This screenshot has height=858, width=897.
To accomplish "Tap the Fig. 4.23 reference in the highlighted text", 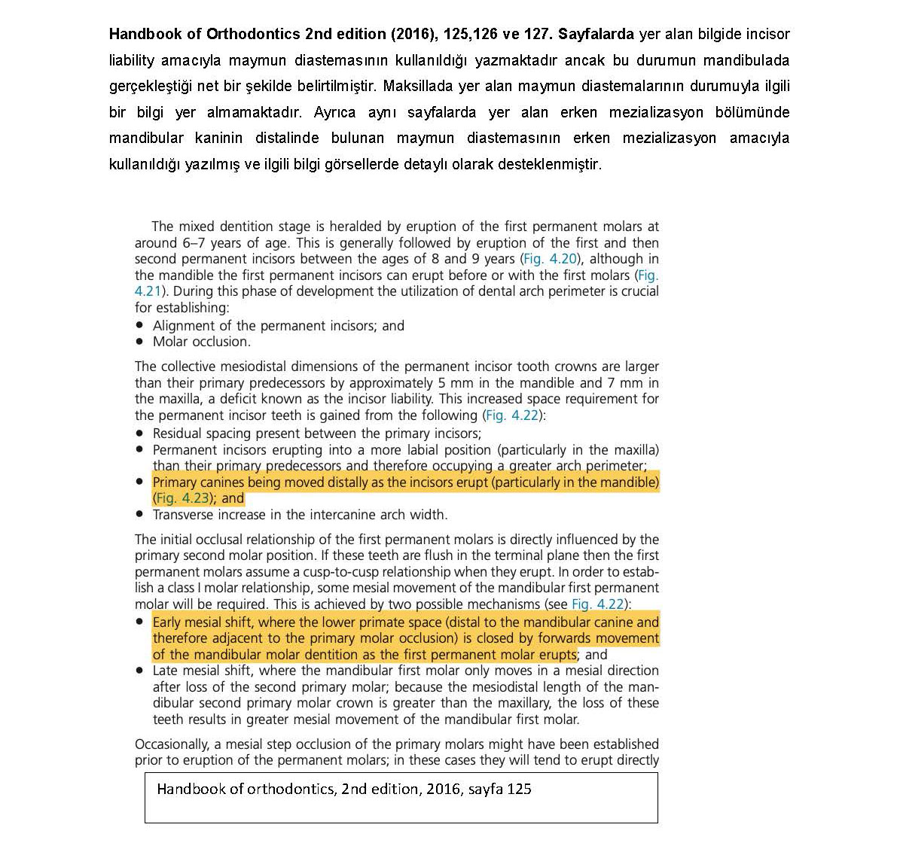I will point(181,498).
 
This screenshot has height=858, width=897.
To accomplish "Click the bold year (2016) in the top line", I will point(413,34).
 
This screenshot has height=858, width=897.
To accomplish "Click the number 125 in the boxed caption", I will point(519,789).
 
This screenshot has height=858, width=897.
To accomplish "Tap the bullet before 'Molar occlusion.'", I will point(139,342).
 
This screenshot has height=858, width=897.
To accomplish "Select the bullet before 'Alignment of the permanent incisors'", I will point(139,326).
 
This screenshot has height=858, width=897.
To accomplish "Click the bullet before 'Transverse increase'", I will point(139,515).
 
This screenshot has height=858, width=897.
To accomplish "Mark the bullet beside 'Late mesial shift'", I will point(139,671).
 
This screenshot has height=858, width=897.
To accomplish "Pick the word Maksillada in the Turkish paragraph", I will point(417,86).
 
